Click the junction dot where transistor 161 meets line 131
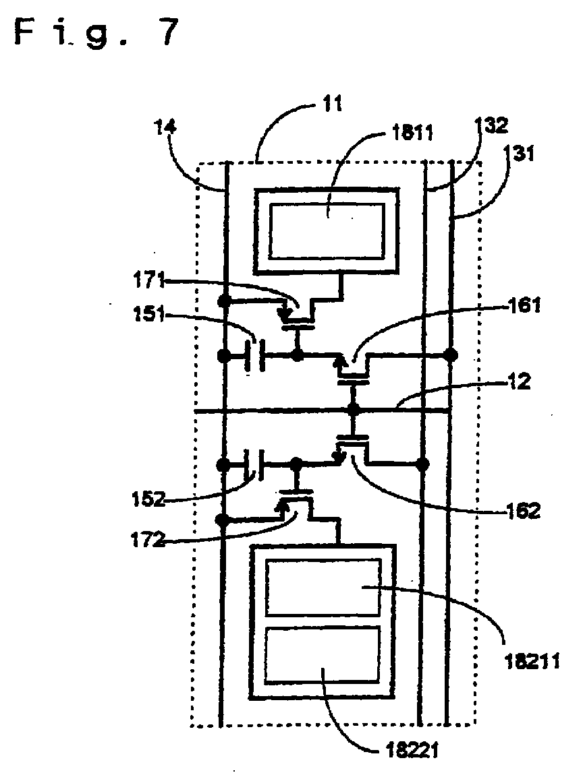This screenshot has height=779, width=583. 450,354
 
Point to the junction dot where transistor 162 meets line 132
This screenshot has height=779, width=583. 422,464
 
